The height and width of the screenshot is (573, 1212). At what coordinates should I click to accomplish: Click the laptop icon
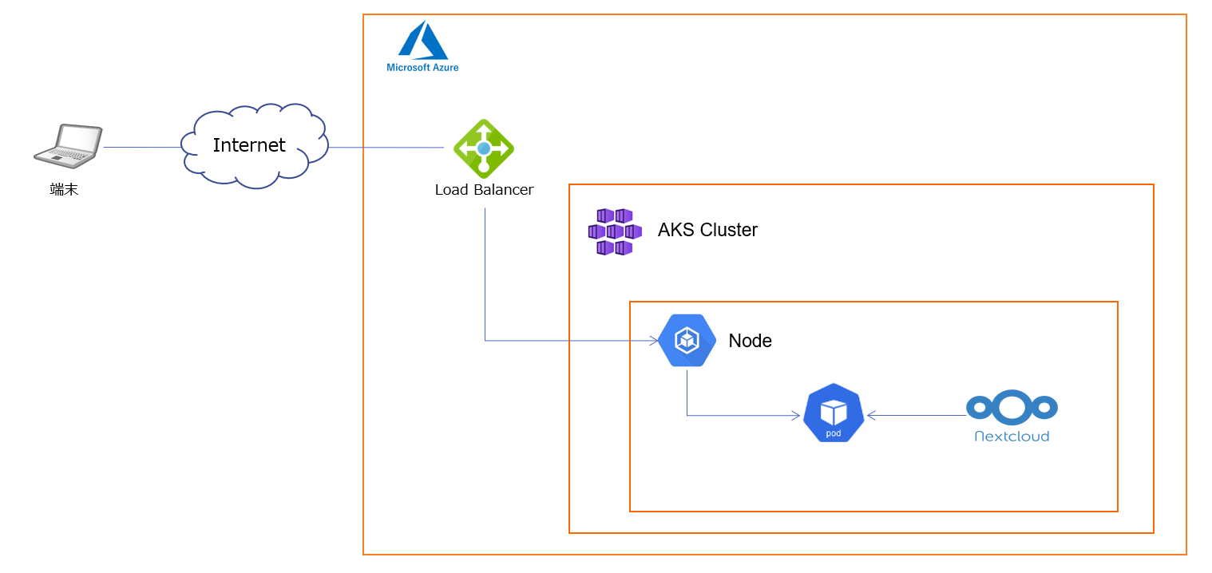69,145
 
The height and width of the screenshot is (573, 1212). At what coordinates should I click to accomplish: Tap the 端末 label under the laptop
64,190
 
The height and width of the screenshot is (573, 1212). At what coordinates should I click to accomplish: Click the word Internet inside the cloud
249,145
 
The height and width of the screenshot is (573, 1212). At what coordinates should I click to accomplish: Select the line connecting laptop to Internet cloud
142,147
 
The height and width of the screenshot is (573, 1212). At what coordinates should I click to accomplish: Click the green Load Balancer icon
484,148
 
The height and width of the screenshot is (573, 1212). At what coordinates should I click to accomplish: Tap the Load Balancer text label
484,190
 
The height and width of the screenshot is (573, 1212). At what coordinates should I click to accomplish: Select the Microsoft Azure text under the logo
422,68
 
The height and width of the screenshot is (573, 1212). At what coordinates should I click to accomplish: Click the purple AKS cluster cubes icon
614,231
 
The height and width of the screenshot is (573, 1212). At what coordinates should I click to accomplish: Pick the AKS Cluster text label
707,230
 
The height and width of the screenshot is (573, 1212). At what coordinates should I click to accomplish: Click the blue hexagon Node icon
687,341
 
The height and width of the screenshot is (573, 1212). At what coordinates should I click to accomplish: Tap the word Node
750,341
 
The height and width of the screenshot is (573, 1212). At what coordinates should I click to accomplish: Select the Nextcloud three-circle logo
1012,408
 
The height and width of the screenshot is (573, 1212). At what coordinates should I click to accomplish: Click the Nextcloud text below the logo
1012,437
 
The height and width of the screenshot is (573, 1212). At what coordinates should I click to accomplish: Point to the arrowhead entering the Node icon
654,341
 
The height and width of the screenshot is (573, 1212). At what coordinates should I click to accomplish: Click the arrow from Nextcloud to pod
918,415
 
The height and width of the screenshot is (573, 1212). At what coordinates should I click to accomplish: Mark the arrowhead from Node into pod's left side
796,415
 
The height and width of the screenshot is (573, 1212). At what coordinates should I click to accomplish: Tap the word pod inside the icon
834,433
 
